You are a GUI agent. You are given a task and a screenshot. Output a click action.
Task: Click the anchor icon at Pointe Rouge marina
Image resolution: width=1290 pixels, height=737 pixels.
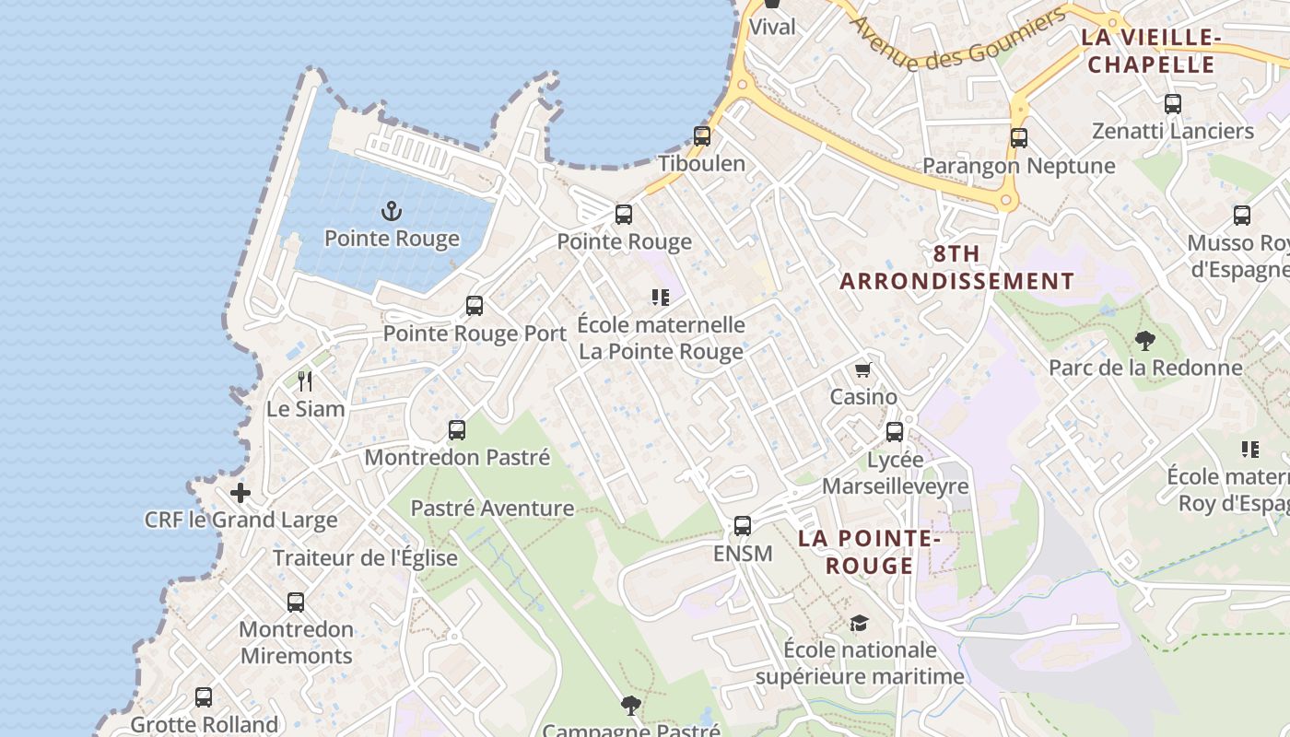click(393, 212)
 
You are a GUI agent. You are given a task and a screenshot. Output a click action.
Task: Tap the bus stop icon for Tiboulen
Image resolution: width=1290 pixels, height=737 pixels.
click(702, 136)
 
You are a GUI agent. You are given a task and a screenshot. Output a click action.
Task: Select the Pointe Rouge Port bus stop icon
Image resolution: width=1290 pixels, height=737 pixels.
click(475, 306)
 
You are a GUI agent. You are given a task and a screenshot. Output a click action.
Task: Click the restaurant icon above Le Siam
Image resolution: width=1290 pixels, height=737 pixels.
click(305, 380)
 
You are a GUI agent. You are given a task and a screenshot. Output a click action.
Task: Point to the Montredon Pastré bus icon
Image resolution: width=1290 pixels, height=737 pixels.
click(457, 430)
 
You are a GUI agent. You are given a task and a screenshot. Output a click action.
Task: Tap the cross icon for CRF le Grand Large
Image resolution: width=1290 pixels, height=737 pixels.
click(240, 493)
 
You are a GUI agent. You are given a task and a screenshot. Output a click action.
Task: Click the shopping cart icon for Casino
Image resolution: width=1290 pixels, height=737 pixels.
click(862, 370)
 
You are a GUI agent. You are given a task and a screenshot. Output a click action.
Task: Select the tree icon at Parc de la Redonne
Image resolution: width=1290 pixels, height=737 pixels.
click(1145, 341)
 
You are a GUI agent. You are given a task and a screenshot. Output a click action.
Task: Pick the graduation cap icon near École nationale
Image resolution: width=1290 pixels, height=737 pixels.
click(859, 624)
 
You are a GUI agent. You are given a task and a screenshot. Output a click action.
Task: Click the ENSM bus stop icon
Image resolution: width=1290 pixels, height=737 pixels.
click(743, 526)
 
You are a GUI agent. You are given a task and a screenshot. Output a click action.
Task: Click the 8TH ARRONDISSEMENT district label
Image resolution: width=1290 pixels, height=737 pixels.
click(956, 267)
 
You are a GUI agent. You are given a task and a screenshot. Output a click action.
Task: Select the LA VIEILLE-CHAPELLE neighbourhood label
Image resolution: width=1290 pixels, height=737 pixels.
click(1149, 51)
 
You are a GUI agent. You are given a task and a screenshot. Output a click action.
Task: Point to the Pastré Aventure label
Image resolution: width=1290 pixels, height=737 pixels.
click(492, 508)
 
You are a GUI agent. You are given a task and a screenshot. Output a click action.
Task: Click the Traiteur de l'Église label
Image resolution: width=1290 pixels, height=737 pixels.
click(365, 557)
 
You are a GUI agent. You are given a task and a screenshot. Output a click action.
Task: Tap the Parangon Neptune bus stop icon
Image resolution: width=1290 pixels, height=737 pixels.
click(1019, 138)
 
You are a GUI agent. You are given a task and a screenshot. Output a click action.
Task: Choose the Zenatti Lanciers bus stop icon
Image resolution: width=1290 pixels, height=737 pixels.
click(1173, 104)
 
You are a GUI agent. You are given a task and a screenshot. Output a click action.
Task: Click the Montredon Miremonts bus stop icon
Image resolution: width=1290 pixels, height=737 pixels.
click(296, 602)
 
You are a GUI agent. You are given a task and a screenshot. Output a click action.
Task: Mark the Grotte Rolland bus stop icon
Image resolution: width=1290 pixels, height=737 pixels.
click(204, 697)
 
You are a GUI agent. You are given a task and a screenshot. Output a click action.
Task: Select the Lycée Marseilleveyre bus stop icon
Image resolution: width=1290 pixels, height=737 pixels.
click(895, 432)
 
